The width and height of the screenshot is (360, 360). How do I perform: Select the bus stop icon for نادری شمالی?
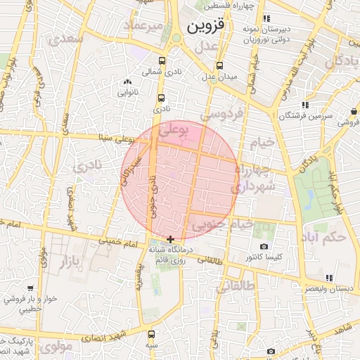pos(162,62)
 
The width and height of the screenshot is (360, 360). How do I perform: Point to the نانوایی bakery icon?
pos(127,83)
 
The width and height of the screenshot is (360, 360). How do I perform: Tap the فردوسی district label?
pos(221,112)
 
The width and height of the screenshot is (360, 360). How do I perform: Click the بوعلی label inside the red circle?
pos(174,131)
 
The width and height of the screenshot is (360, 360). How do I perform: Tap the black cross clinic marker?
pos(170,240)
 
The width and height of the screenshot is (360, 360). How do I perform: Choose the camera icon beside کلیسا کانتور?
pos(264,246)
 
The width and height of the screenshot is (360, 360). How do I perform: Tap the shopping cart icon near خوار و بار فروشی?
pos(30,288)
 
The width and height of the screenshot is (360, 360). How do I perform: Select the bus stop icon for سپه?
pos(152,335)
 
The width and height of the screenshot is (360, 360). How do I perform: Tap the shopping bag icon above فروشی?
pos(353,111)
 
